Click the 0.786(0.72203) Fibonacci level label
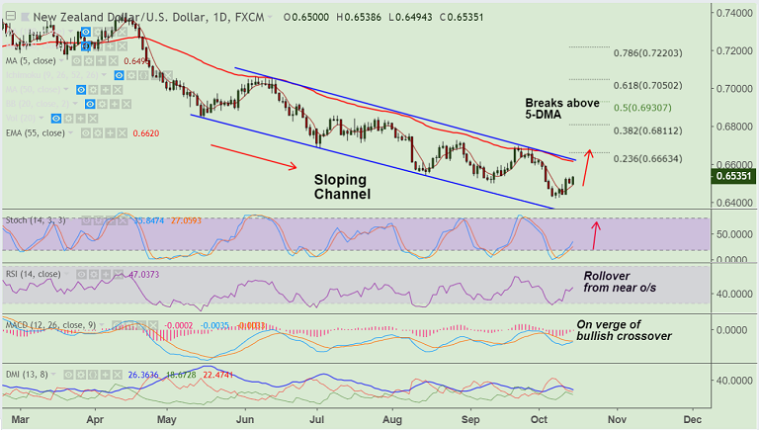tap(655, 51)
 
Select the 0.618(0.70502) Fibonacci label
tap(655, 86)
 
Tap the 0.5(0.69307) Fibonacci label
tap(655, 107)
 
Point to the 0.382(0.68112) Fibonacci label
tap(655, 129)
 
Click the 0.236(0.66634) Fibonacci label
tap(655, 158)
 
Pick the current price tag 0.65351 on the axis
tap(734, 176)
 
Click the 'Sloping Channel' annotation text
tap(342, 187)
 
